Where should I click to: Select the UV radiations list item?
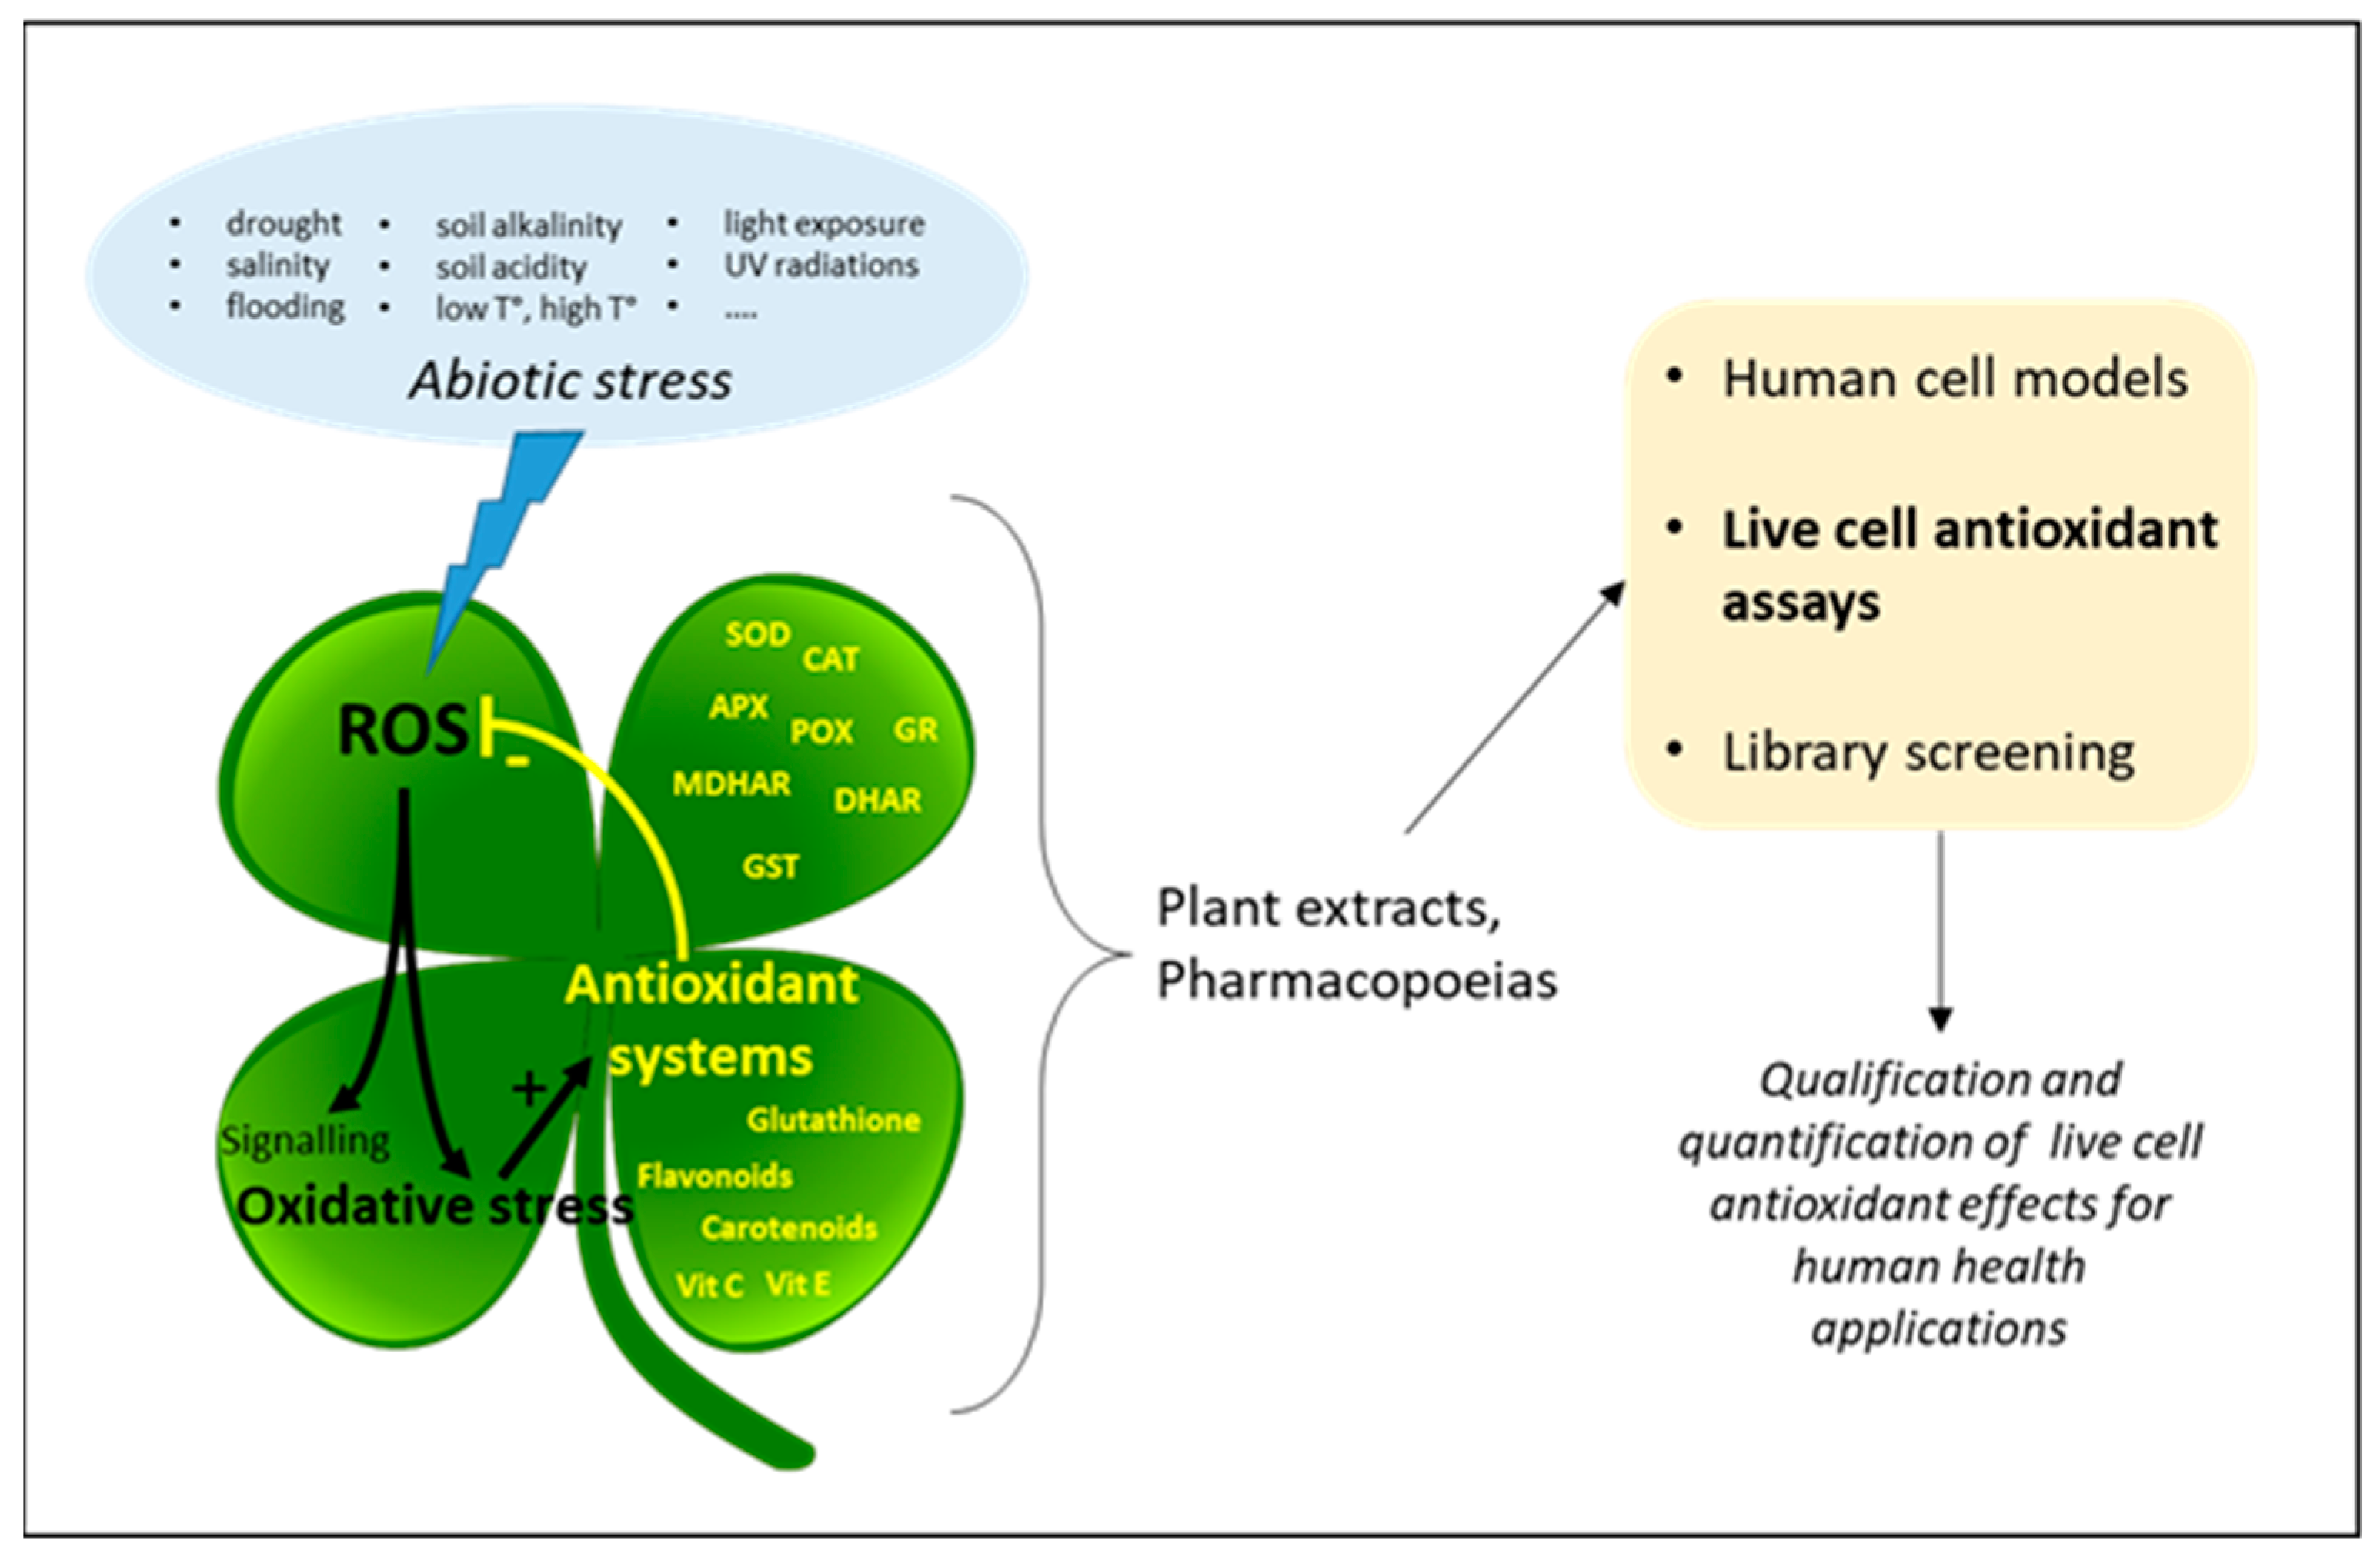pos(820,266)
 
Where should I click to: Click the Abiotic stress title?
pos(570,380)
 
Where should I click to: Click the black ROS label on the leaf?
pos(402,730)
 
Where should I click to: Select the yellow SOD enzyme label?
pos(757,634)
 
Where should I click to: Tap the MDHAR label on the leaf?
pos(731,784)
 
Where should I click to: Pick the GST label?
pos(770,866)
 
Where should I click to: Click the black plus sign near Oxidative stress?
pos(529,1088)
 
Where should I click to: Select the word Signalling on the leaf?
pos(305,1141)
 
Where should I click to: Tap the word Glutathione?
pos(833,1121)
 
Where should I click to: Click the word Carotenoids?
pos(788,1228)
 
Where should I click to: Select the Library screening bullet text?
pos(1928,753)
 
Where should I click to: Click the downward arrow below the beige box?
pos(1940,929)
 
